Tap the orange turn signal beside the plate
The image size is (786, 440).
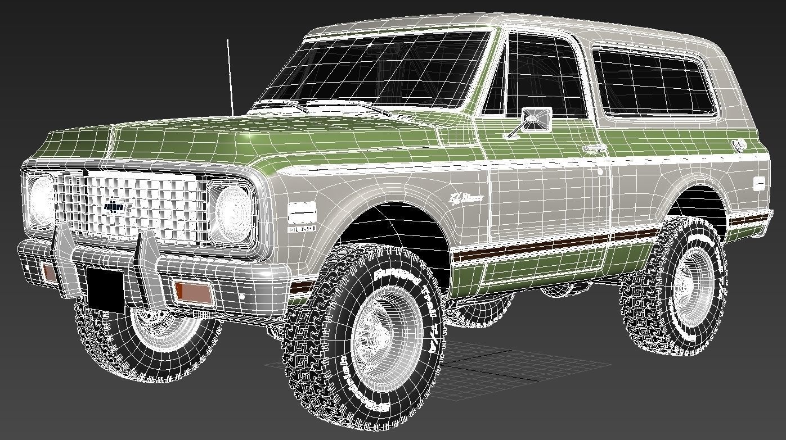[x=192, y=292]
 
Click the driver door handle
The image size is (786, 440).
[x=592, y=149]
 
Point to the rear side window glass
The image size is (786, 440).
[x=653, y=81]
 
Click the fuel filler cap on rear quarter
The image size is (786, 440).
[x=739, y=144]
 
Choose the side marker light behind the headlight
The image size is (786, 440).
[x=302, y=214]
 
